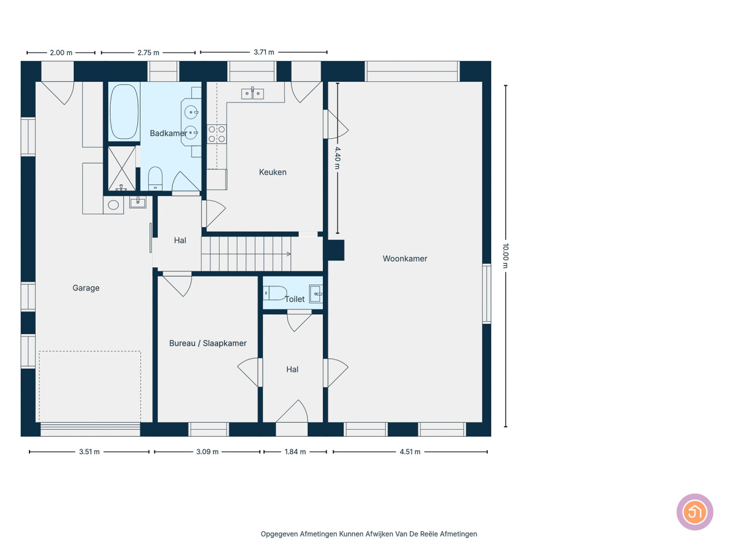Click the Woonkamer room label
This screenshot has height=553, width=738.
coord(405,259)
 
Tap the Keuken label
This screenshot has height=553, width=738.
coord(273,172)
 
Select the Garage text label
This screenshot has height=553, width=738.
coord(86,288)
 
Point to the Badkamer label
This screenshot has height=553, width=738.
coord(168,133)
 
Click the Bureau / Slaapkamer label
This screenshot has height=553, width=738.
coord(208,343)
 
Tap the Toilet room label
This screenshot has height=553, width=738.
coord(295,299)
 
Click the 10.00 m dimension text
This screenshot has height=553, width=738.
coord(505,256)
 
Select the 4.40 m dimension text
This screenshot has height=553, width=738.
coord(337,158)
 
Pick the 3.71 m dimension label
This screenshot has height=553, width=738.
coord(264,52)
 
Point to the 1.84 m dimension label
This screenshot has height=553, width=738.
coord(295,452)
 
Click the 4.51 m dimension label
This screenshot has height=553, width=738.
coord(410,452)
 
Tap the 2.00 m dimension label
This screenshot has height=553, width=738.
coord(61,53)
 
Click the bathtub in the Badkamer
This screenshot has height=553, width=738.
coord(124,112)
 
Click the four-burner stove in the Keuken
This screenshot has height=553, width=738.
coord(217,134)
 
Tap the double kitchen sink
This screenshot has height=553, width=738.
coord(253,94)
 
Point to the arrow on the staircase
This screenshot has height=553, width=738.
coord(288,254)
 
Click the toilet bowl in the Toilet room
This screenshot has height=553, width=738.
coord(274,293)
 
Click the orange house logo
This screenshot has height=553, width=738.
coord(695,512)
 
